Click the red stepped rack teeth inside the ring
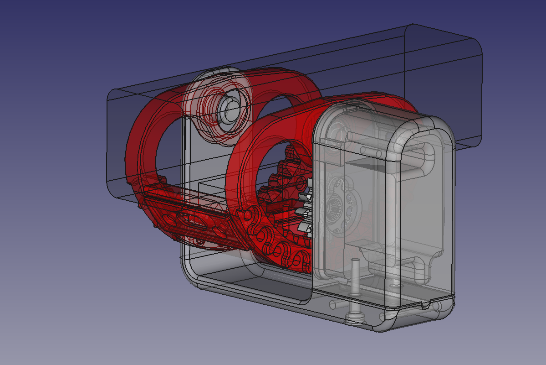pos(278,182)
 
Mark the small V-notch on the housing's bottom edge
pos(426,305)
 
